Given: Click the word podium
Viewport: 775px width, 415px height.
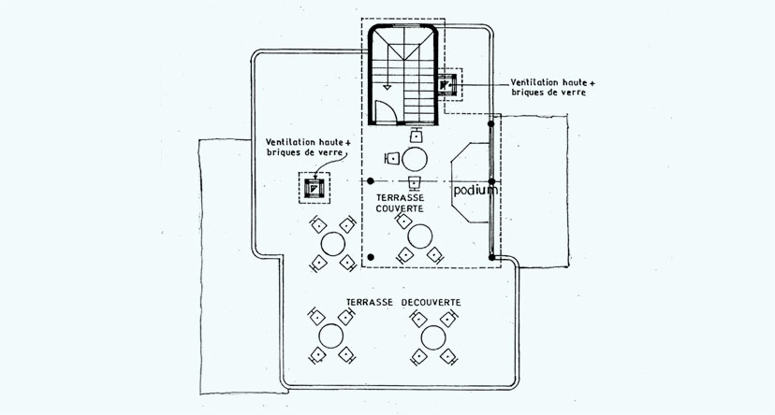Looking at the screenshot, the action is click(x=475, y=191).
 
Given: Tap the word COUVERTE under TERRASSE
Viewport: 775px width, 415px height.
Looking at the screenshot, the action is click(x=400, y=208).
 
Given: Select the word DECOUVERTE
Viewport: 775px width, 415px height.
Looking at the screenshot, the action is click(x=431, y=302).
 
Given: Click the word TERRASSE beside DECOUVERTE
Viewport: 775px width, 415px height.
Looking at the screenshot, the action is click(x=369, y=302).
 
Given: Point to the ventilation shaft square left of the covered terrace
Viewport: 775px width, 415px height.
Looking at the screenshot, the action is click(x=314, y=188).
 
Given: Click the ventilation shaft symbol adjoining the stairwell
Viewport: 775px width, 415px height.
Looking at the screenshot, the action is click(x=446, y=84).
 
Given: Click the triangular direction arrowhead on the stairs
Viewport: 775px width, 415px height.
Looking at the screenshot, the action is click(x=387, y=87).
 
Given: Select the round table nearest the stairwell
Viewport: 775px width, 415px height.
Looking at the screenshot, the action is click(x=415, y=160).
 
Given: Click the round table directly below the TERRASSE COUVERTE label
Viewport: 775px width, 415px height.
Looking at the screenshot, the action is click(x=420, y=236).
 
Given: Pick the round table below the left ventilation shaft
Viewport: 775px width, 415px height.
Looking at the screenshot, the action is click(x=333, y=244).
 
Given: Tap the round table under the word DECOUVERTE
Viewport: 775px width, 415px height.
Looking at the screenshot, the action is click(x=433, y=338).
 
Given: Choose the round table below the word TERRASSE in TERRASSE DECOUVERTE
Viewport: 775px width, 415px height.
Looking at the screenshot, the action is click(x=331, y=336).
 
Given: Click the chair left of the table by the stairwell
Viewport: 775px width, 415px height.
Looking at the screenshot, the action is click(x=392, y=158).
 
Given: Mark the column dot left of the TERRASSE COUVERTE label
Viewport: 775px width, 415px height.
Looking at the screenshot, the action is click(x=371, y=181).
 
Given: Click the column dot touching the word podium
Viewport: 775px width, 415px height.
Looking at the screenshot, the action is click(x=491, y=181).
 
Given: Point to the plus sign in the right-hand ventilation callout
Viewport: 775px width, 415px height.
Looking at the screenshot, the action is click(x=592, y=82).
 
